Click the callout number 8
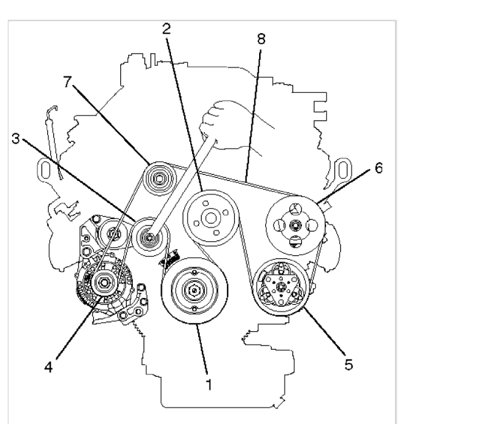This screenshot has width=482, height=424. coord(260,40)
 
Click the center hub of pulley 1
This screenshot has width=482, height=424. coord(194,290)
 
